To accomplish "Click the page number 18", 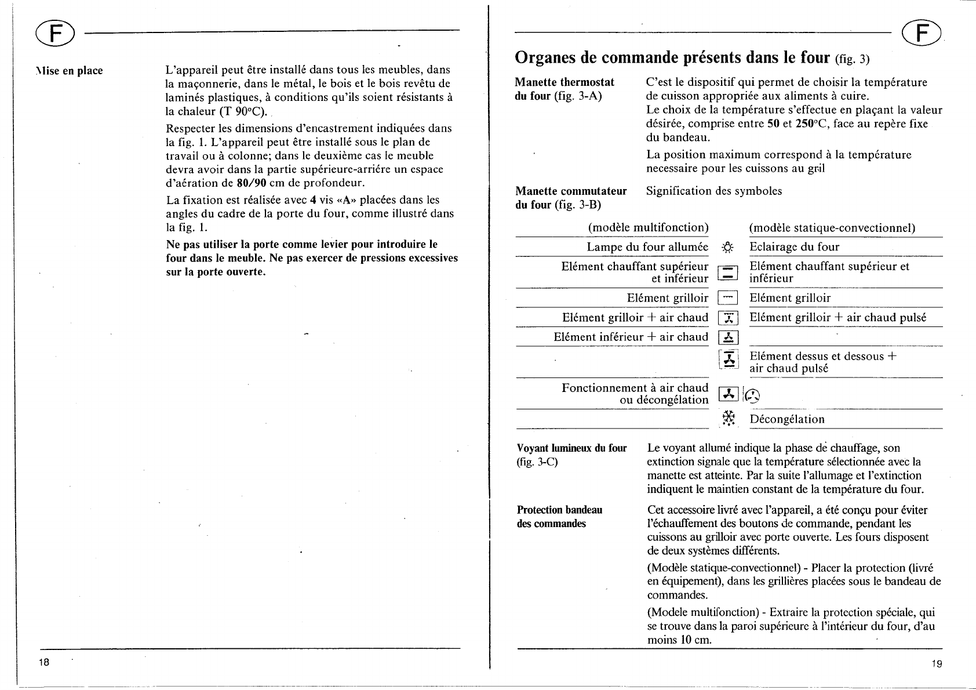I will (43, 662).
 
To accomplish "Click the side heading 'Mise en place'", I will (68, 71).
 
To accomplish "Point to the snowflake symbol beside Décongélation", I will (729, 419).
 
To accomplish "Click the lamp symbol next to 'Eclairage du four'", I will (728, 247).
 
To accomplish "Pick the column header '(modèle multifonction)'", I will (648, 228).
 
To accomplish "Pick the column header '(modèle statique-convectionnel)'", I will (832, 228).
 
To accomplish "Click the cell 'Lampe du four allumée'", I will (647, 247).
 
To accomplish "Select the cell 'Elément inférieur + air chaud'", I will (631, 337).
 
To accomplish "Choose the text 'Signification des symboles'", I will (714, 191).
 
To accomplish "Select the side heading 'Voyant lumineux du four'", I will (571, 448).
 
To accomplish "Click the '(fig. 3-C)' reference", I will (537, 462).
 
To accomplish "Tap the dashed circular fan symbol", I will (752, 396).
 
